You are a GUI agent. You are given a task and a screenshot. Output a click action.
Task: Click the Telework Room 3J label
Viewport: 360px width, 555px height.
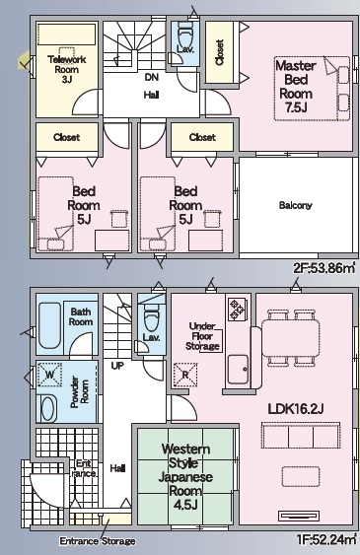[66, 69]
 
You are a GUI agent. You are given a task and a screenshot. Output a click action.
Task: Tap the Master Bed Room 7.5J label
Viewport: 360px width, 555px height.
[296, 87]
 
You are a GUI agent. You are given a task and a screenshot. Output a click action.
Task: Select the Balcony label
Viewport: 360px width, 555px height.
[296, 205]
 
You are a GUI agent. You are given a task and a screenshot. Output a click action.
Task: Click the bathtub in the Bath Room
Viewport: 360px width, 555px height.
[49, 325]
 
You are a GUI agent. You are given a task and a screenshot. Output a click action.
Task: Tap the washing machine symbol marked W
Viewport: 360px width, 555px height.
[49, 375]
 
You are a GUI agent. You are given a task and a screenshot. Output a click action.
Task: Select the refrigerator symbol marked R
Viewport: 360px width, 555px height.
[185, 375]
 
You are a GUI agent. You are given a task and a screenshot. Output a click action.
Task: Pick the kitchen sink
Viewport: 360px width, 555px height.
[238, 370]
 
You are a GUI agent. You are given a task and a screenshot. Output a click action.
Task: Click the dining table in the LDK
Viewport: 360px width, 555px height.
[291, 338]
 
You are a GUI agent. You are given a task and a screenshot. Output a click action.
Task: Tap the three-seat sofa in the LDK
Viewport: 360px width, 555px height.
[301, 436]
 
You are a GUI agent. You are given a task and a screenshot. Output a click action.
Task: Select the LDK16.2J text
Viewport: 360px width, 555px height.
[296, 409]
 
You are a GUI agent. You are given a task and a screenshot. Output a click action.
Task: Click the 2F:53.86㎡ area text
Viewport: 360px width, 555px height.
[324, 268]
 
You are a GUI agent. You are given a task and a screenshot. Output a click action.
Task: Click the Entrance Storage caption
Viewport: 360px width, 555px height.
[98, 541]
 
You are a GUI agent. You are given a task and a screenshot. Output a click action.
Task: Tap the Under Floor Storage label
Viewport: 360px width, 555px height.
[202, 336]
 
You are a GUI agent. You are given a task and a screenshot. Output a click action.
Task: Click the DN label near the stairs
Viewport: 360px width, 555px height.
[152, 77]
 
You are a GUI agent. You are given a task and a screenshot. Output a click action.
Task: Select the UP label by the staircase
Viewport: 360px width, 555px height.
[117, 366]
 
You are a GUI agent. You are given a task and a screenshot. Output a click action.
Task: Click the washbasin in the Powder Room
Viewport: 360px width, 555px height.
[48, 408]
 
